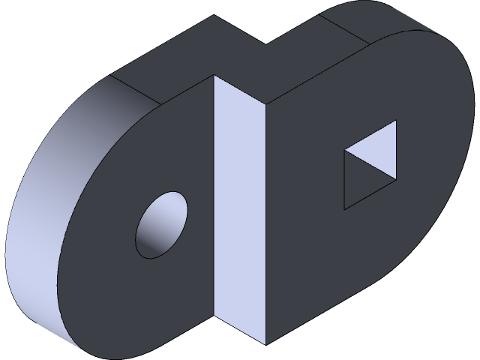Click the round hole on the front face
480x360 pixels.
coord(160,225)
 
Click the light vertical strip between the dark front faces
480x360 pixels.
coord(238,210)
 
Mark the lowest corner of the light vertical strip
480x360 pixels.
coord(264,344)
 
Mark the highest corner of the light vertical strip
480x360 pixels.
coord(214,76)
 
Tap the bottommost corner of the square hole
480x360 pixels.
coord(344,209)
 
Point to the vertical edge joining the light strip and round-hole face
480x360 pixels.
coord(214,195)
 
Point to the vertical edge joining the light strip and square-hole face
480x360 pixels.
coord(264,225)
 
